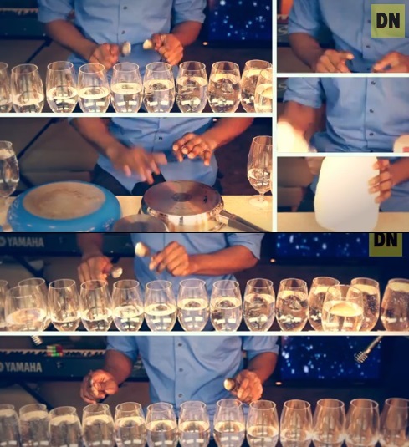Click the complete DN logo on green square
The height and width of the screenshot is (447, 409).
[388, 21]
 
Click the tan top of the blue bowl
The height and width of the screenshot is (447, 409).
[64, 200]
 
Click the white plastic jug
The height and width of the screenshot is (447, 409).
[348, 193]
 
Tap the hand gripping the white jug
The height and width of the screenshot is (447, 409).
[381, 181]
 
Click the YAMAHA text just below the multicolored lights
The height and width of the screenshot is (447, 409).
[22, 367]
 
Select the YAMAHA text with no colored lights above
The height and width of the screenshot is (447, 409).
[23, 242]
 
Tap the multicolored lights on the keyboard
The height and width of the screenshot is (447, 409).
[54, 350]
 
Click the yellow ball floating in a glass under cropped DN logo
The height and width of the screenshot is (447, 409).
[344, 307]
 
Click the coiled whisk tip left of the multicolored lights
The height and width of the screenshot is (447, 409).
[36, 339]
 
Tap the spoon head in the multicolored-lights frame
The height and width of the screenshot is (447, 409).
[230, 384]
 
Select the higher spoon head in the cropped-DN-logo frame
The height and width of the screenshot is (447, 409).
[141, 250]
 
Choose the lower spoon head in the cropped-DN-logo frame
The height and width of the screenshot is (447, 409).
[116, 272]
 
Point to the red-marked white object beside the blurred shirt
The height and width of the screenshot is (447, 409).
[401, 144]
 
